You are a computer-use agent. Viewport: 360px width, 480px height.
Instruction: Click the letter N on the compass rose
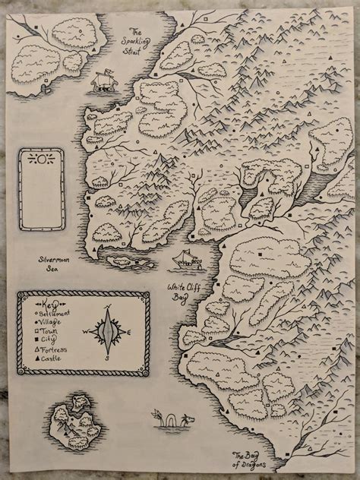pyautogui.click(x=110, y=308)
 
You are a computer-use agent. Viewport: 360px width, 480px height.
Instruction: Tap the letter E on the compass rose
pyautogui.click(x=132, y=333)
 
